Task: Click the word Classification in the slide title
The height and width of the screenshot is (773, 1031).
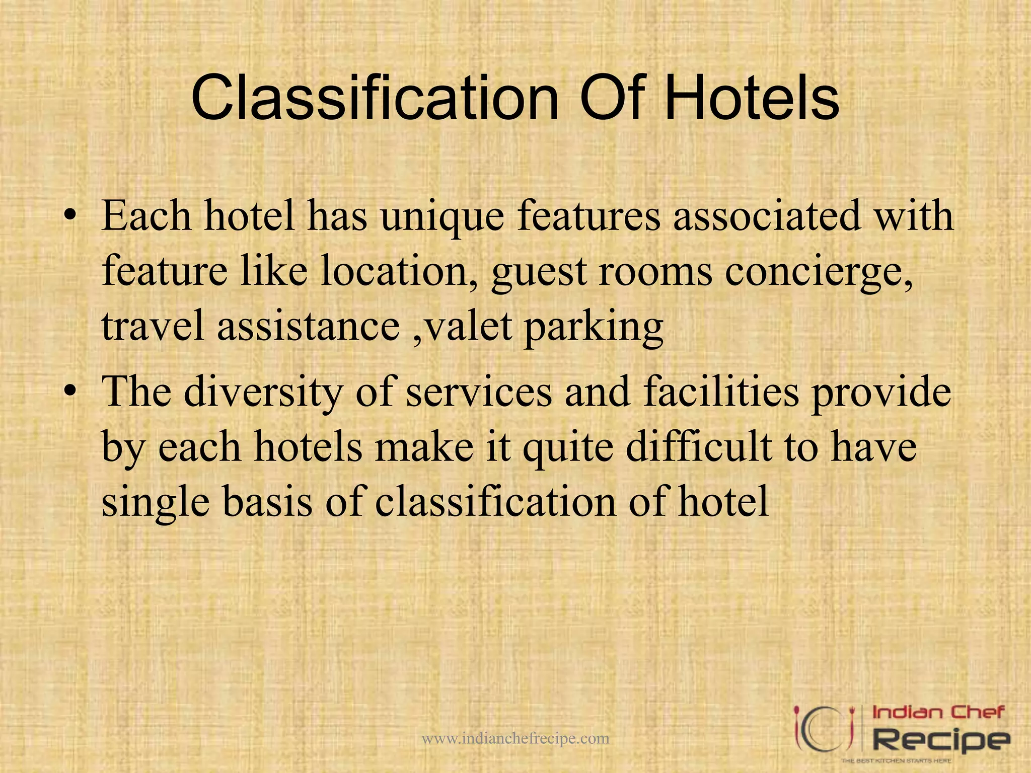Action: (x=375, y=98)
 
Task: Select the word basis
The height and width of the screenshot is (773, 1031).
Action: (x=267, y=502)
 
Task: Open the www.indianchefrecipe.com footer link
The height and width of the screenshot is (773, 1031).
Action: (x=515, y=738)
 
